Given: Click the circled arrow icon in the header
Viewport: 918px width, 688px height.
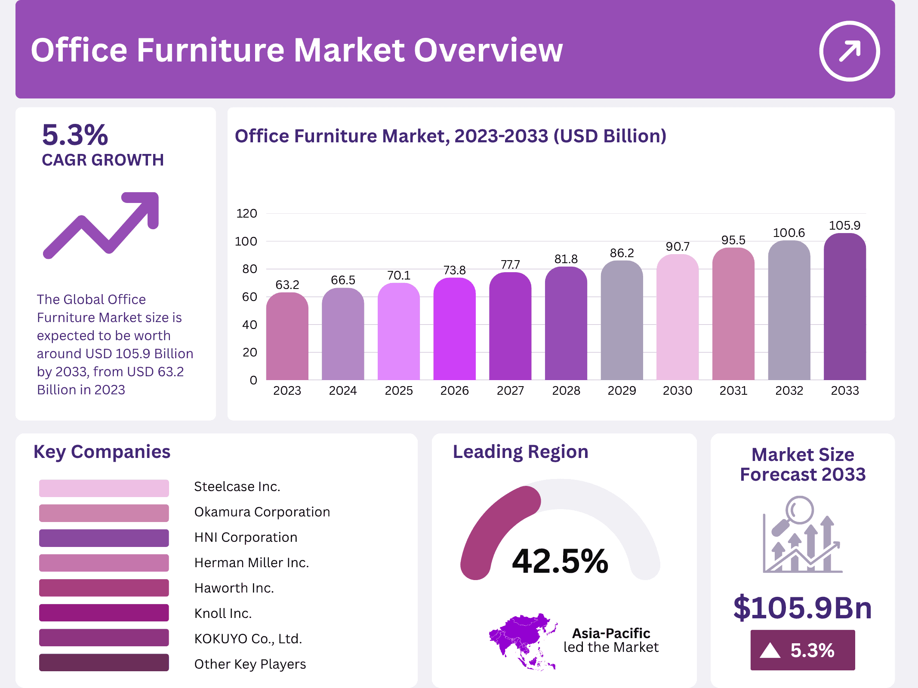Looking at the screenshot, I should [849, 51].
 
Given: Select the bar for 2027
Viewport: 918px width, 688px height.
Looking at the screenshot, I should [510, 327].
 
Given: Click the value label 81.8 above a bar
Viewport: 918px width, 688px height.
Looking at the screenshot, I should [566, 259].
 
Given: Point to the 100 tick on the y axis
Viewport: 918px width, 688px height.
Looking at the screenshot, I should [246, 241].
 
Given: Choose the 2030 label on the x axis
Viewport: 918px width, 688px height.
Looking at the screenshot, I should [678, 390].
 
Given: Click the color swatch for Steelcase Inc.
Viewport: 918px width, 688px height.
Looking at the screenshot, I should [104, 488].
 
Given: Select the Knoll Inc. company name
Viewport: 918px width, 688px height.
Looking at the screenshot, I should [223, 613].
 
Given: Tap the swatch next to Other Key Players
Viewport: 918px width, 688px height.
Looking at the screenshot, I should [104, 663].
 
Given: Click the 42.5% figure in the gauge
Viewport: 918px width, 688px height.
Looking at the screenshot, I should [560, 561].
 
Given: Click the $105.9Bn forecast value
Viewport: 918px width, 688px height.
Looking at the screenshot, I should [802, 608].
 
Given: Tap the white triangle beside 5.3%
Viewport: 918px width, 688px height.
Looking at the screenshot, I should [770, 650].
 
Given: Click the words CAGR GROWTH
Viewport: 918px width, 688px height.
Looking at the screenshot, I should [103, 160].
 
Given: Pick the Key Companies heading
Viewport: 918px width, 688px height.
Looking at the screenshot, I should [102, 452].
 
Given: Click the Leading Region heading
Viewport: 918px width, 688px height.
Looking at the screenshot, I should [521, 452].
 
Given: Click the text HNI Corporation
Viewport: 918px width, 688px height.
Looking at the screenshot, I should [246, 537].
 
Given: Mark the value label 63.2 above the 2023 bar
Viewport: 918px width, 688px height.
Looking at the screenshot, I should [287, 285].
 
